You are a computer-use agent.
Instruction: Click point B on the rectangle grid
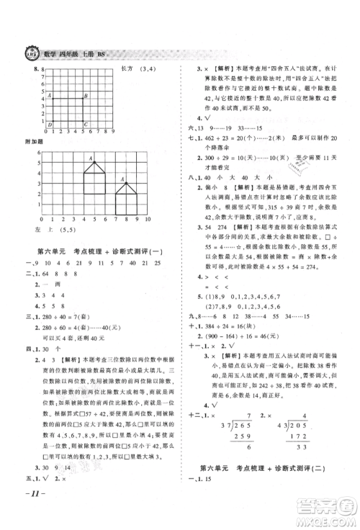(x=85, y=96)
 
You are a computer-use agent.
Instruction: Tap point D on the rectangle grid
(x=49, y=125)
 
